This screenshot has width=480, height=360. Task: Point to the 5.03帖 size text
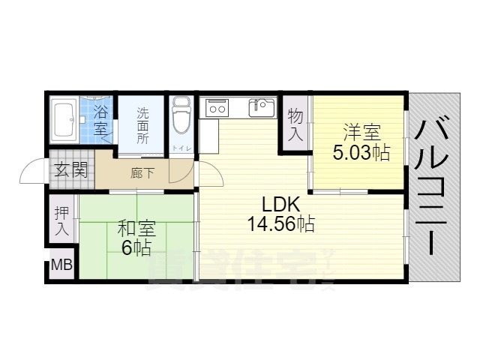(361, 153)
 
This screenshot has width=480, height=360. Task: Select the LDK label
(280, 203)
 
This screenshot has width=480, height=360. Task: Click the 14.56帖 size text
(280, 223)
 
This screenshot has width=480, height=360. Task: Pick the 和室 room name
(135, 228)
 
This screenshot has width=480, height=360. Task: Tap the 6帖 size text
(135, 247)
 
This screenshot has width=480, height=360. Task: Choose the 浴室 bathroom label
(101, 120)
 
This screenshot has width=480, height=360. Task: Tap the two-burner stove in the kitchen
(217, 108)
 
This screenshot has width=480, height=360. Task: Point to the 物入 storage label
(295, 125)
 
